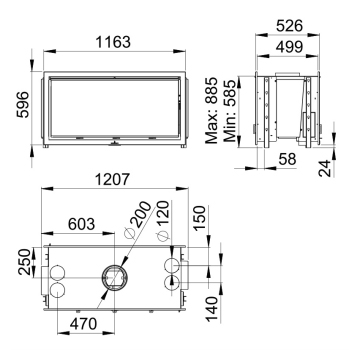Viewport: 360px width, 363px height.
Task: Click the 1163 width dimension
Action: click(113, 42)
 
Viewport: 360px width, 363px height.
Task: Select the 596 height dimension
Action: click(23, 105)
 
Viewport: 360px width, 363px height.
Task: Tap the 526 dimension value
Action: click(289, 26)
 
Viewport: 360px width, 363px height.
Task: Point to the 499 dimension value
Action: click(289, 47)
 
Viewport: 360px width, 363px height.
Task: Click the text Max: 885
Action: click(211, 110)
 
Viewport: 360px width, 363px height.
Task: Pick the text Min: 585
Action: click(230, 110)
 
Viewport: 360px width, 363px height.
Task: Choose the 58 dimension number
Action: click(287, 159)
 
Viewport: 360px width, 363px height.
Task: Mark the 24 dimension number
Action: click(325, 168)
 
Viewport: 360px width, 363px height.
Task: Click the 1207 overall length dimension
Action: click(112, 180)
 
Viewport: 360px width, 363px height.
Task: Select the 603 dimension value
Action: click(81, 224)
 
